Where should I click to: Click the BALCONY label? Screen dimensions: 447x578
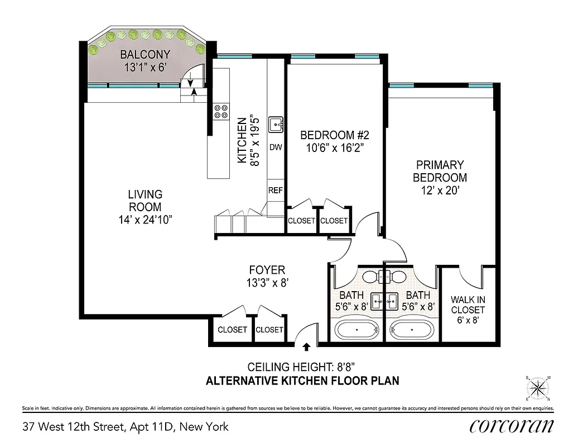[x=146, y=55]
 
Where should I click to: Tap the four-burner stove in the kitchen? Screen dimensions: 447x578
[x=221, y=111]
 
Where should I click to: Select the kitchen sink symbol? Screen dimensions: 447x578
[x=276, y=125]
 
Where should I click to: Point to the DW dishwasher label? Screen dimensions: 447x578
[x=276, y=148]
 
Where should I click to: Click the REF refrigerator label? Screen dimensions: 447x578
[x=276, y=191]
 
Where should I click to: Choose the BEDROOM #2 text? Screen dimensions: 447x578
[x=335, y=135]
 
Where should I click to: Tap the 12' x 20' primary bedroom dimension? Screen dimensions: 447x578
[x=440, y=191]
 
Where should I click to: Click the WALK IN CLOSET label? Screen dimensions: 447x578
[x=468, y=305]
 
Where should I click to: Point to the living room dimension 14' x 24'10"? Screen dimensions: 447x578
[x=145, y=220]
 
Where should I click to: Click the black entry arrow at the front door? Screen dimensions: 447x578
[x=306, y=347]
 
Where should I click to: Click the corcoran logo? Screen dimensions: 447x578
[x=512, y=426]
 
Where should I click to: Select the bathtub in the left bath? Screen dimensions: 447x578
[x=357, y=330]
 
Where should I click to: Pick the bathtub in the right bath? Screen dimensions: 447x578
[x=411, y=330]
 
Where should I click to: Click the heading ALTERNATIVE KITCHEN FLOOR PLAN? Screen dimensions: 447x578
[x=302, y=382]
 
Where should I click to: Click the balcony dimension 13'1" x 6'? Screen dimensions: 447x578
[x=146, y=67]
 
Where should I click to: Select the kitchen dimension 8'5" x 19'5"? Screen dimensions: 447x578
[x=254, y=140]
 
